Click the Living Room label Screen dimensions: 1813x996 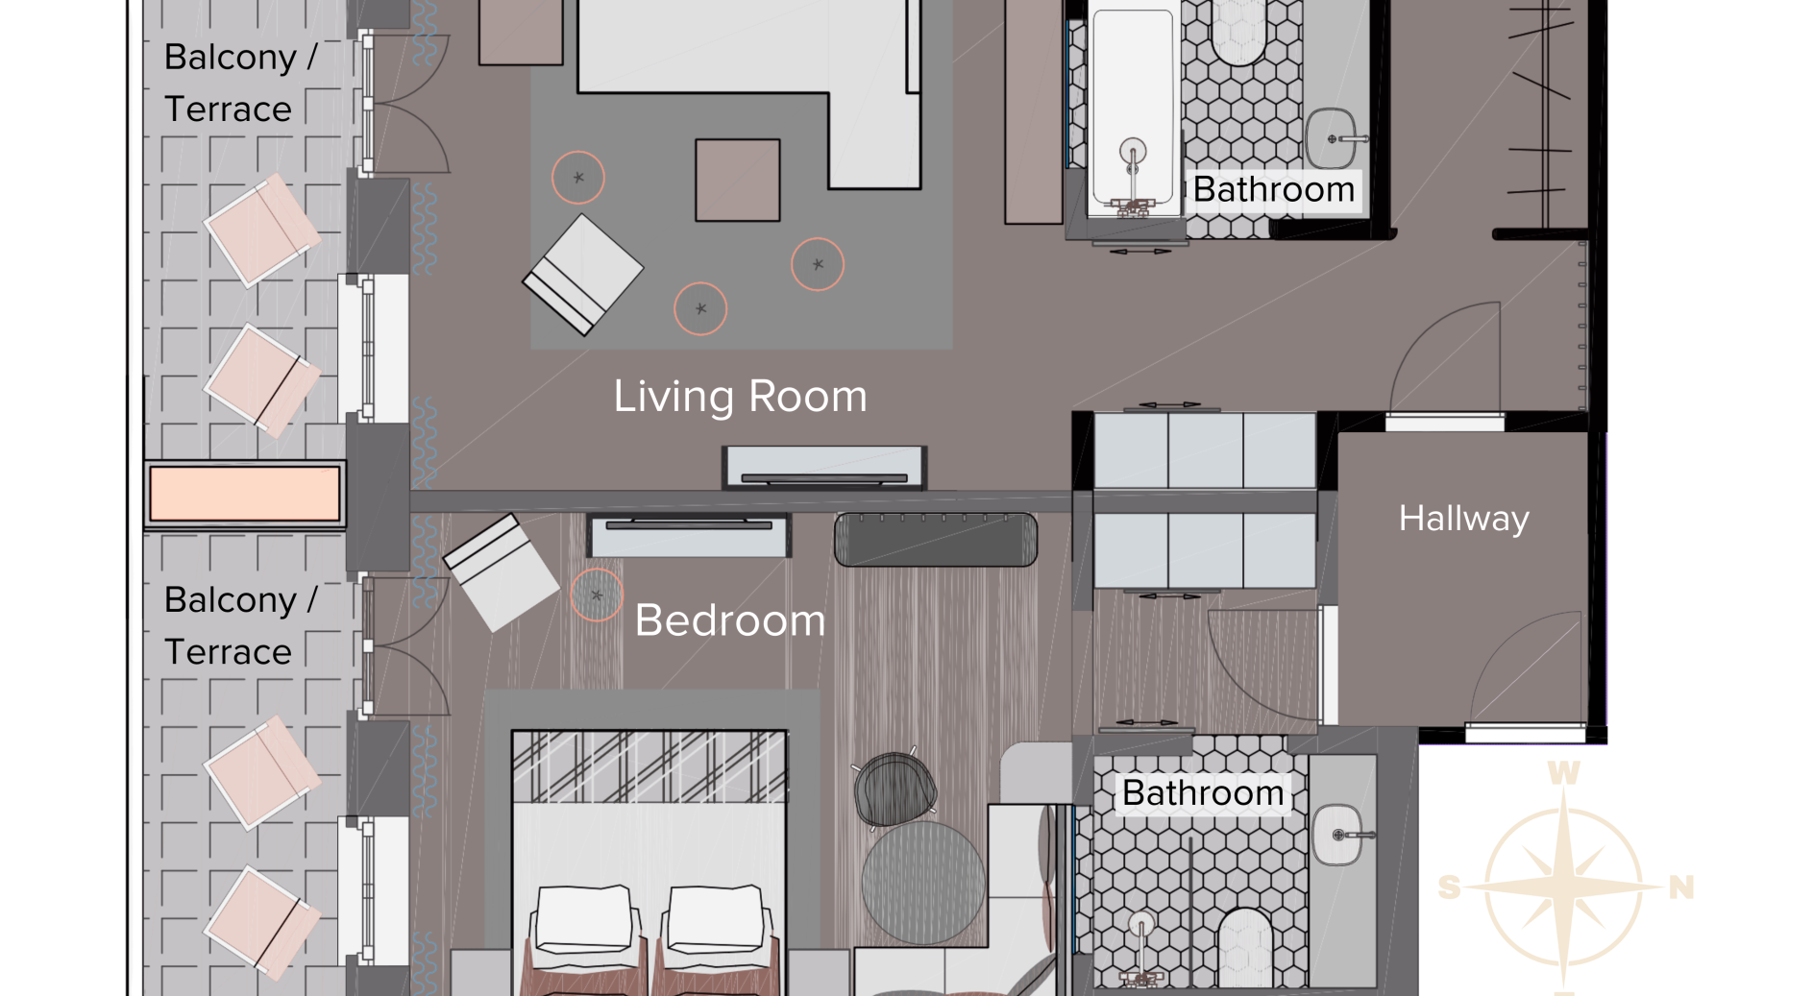pos(740,396)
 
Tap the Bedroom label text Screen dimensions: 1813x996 pos(730,620)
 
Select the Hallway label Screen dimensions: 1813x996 pos(1463,519)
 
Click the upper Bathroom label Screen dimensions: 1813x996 pos(1274,189)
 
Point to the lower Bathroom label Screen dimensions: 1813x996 pos(1203,792)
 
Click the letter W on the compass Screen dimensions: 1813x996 pos(1563,772)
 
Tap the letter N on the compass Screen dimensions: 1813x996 pos(1680,887)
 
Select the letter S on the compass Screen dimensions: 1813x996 pos(1449,887)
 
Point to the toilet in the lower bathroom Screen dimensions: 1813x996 pos(1245,946)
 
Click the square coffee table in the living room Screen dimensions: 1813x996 pos(738,180)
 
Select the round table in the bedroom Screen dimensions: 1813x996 pos(923,883)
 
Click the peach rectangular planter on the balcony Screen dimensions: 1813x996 pos(245,494)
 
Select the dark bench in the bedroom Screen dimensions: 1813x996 pos(936,540)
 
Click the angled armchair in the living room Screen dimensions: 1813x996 pos(582,274)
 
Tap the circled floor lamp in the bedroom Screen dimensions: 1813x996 pos(597,595)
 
